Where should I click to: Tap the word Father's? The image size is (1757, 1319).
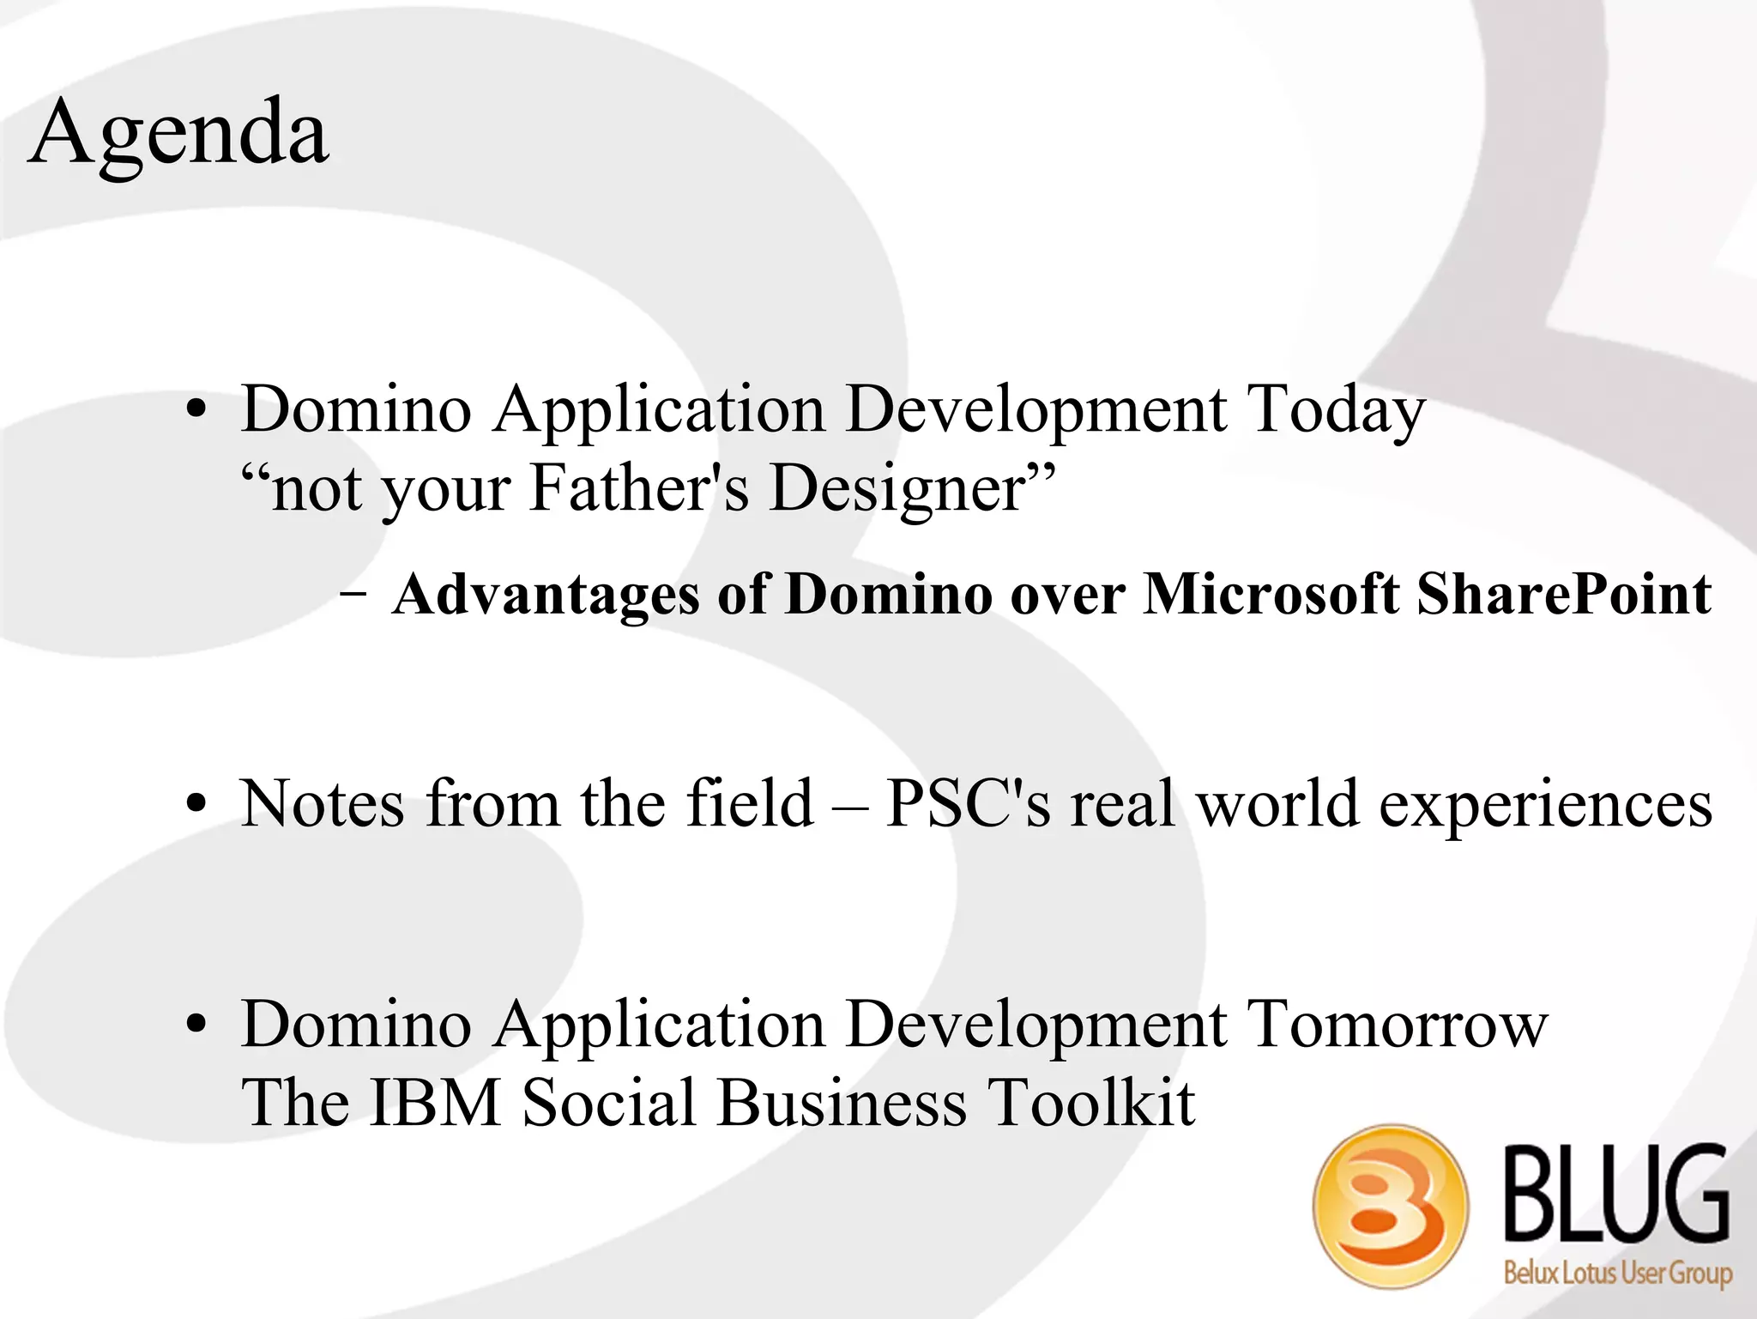coord(639,487)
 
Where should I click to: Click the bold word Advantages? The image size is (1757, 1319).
coord(546,595)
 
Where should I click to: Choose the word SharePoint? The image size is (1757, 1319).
coord(1563,594)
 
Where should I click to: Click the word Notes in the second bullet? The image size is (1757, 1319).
coord(323,804)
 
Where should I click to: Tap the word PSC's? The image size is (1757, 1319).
coord(968,804)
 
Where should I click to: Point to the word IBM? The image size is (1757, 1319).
coord(435,1103)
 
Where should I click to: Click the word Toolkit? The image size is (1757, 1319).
coord(1090,1103)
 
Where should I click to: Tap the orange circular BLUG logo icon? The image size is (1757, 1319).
coord(1391,1206)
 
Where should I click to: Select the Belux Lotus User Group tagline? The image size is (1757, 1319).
coord(1617,1271)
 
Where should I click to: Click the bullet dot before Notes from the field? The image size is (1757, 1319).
coord(196,805)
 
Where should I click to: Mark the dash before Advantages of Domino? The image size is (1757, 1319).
coord(353,594)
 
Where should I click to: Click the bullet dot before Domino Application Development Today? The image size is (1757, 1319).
coord(196,410)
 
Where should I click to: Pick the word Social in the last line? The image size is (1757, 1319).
coord(608,1103)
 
